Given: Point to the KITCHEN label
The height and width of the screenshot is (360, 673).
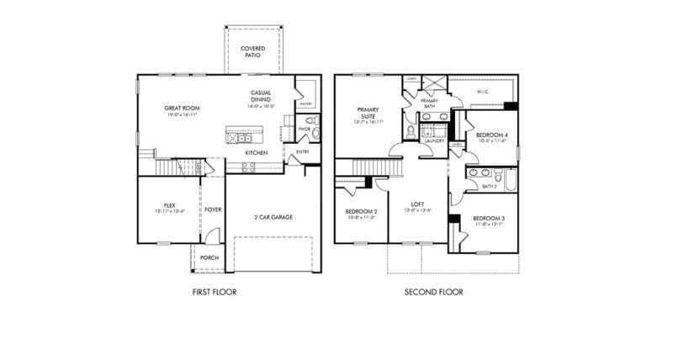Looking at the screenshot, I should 257,153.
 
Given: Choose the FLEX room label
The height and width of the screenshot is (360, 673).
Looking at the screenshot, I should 169,204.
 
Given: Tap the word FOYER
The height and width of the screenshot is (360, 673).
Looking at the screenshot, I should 213,209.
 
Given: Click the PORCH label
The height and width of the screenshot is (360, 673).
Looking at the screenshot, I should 209,258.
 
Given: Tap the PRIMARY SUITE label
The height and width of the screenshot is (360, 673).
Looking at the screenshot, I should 369,113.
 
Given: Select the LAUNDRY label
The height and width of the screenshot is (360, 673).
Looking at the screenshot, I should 434,141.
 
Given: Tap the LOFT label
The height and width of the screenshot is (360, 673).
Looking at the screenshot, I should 418,204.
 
